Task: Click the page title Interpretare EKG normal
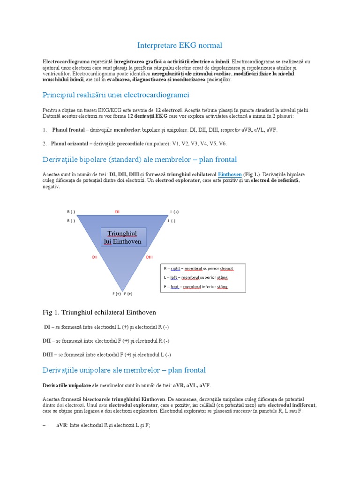coord(180,45)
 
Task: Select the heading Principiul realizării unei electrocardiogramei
coord(116,95)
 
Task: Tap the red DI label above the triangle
coord(117,212)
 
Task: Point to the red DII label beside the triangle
coord(94,257)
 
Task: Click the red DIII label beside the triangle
coord(149,257)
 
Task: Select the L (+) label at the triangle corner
coord(174,212)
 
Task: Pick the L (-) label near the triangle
coord(172,220)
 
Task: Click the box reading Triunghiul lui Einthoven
coord(124,238)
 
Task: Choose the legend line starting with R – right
coord(197,269)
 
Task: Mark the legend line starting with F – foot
coord(196,286)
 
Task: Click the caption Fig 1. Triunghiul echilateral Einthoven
coord(99,312)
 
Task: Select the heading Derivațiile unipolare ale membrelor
coord(124,370)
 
